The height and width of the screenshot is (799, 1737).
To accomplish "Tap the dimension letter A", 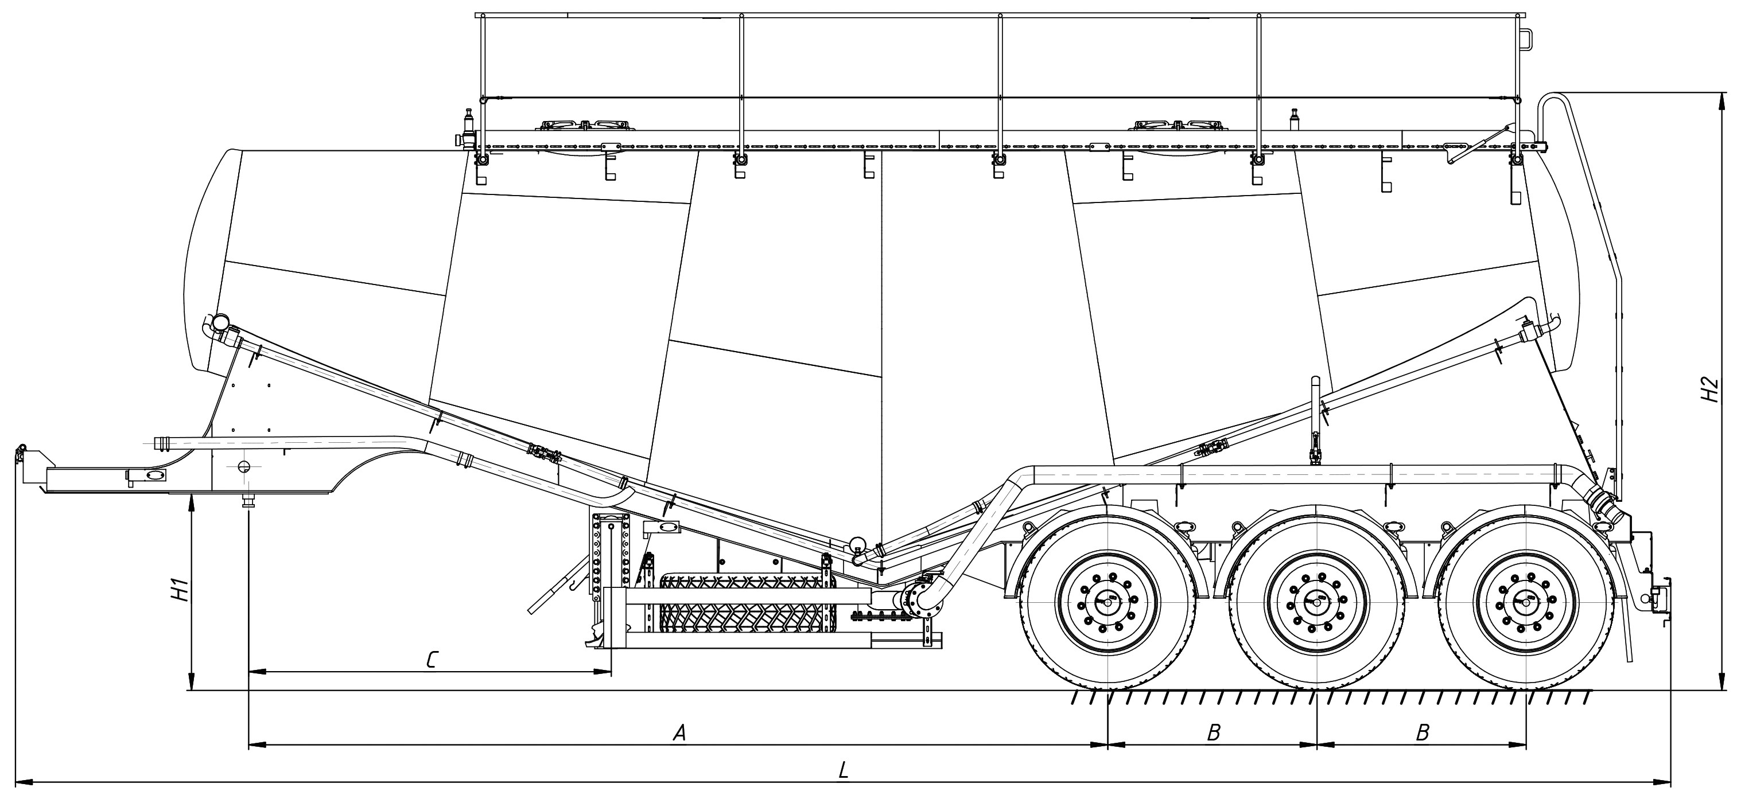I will click(x=679, y=733).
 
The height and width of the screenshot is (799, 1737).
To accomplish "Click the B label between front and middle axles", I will click(x=1213, y=733).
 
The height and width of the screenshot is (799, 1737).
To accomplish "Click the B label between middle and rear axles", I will click(x=1422, y=733).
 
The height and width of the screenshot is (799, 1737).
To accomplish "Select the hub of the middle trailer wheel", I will click(x=1316, y=603).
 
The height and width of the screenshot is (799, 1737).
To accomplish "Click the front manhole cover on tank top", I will click(x=586, y=126).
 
